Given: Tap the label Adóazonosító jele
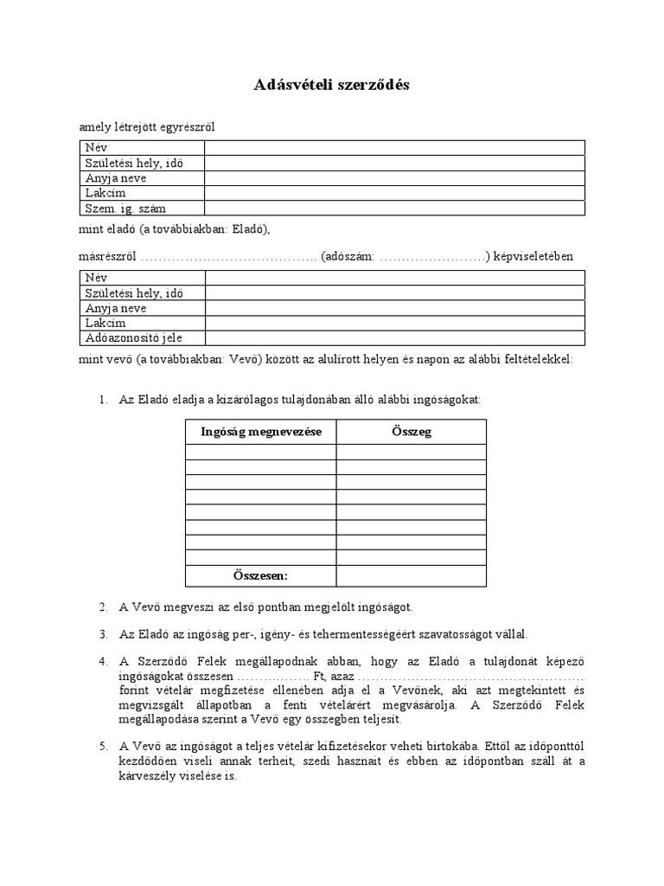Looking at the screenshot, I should click(133, 338).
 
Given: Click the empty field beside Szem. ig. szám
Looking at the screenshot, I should click(394, 209).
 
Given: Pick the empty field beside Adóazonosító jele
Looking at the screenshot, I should click(394, 338).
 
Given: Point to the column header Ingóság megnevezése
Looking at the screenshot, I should click(260, 432).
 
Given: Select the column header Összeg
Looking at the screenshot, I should click(411, 432).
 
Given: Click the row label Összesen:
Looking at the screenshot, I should click(260, 575).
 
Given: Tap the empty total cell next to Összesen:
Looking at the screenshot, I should click(411, 575).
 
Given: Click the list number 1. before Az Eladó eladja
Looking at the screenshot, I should click(103, 400).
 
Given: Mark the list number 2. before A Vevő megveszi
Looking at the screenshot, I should click(103, 607).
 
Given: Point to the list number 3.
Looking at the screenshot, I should click(103, 634).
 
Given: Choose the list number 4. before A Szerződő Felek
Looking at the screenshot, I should click(103, 662).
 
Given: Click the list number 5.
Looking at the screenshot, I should click(103, 746).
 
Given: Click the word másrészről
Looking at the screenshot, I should click(108, 257).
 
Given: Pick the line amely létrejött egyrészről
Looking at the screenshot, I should click(147, 127).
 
